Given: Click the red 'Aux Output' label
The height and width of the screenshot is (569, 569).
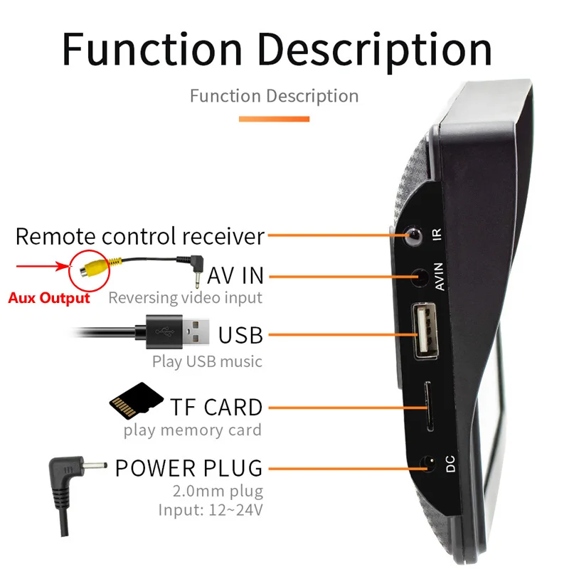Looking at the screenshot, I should coord(49,298).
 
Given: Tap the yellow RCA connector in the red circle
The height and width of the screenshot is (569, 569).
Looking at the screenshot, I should coord(92,269).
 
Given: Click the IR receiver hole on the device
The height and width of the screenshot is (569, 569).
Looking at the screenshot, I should coord(411,235).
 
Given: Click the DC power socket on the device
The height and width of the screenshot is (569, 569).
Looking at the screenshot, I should coord(428,465).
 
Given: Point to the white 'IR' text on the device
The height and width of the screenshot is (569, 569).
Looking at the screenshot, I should coord(438,235).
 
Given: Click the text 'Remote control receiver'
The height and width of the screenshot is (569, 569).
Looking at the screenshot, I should coord(140,236).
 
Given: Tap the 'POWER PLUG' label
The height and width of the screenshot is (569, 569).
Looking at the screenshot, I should coord(188,468).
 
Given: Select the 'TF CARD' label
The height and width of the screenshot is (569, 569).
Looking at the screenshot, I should coord(216,408).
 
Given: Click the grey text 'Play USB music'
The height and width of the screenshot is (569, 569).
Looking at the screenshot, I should coord(207,361).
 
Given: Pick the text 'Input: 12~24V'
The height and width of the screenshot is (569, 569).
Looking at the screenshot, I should coord(210,509).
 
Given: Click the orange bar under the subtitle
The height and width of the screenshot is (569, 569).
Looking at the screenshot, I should coord(274,119).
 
